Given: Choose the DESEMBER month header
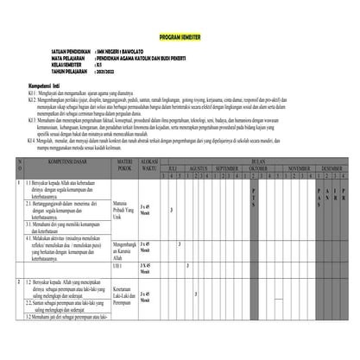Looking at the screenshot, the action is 332,167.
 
